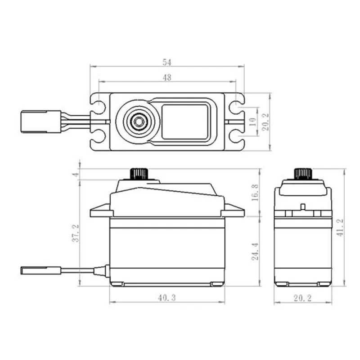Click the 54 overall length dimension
(x=167, y=62)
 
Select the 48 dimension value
(x=167, y=77)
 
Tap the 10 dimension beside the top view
(x=252, y=121)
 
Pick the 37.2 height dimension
(x=76, y=232)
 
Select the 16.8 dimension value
(x=255, y=192)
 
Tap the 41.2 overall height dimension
(x=340, y=227)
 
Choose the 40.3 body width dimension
(x=167, y=297)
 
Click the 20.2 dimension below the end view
(x=302, y=297)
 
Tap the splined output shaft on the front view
(x=138, y=174)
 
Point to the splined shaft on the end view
(x=302, y=174)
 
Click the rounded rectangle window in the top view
(x=185, y=121)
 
